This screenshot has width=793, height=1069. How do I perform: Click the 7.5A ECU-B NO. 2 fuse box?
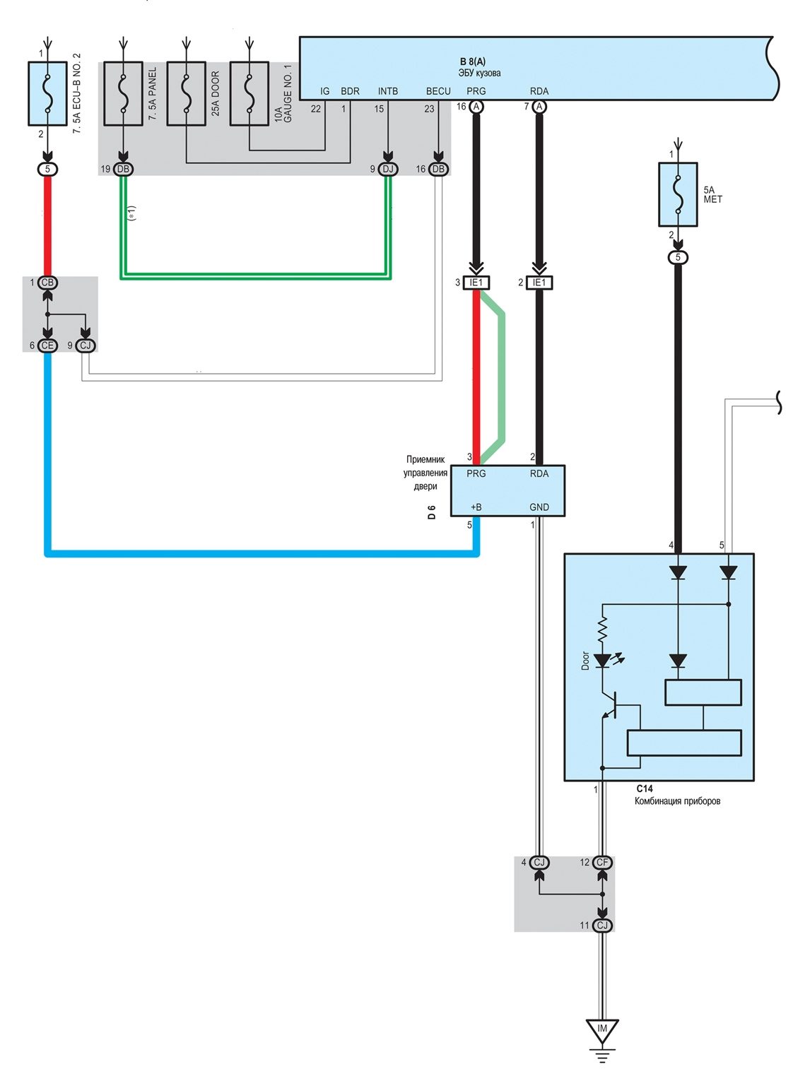coord(47,93)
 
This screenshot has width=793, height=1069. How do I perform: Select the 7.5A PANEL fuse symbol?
coord(123,93)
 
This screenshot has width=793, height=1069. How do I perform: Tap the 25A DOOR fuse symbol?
coord(186,93)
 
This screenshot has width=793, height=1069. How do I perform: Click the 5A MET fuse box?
coord(678,194)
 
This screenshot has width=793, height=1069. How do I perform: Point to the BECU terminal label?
coord(438,91)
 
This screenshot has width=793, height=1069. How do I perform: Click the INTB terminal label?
coord(387,91)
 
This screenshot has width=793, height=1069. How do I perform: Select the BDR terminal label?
coord(350,91)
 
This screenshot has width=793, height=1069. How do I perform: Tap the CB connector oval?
coord(47,283)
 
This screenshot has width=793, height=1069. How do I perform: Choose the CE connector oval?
coord(47,345)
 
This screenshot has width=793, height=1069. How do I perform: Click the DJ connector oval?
coord(387,169)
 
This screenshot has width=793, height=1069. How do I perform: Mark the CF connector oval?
coord(602,862)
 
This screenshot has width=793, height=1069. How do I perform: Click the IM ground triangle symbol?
coord(602,1030)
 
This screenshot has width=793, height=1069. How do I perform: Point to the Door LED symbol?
coord(602,661)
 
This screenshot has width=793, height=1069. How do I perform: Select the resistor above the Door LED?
coord(602,629)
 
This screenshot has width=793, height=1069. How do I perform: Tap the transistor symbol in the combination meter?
coord(610,707)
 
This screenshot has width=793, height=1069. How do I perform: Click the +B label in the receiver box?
coord(476,507)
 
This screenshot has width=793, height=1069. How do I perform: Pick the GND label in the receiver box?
coord(539,507)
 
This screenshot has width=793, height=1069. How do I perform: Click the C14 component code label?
coord(645,789)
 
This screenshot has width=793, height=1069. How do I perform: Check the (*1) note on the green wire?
coord(132,213)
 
